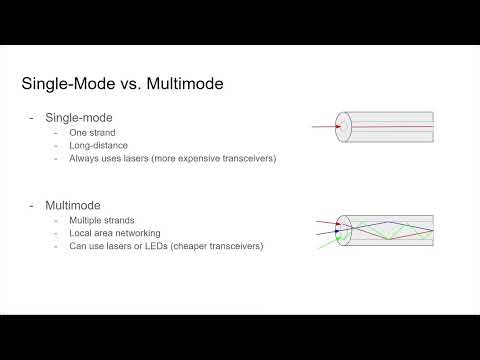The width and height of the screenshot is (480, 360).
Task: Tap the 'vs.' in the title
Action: pos(125,83)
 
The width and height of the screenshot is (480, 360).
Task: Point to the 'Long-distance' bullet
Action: pos(96,146)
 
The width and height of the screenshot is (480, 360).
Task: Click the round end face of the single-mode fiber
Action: pos(344,127)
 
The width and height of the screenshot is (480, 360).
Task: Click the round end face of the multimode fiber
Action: pos(344,231)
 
